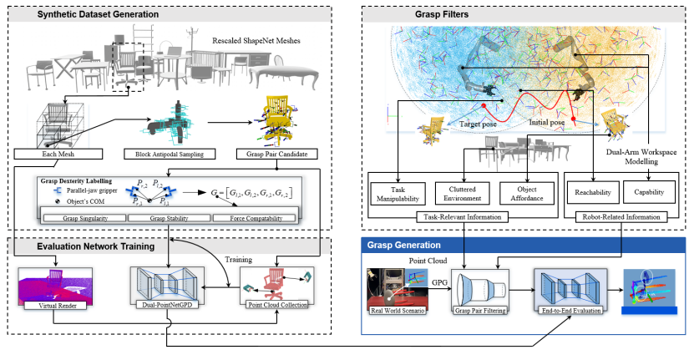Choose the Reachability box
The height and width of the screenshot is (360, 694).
pos(593,194)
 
